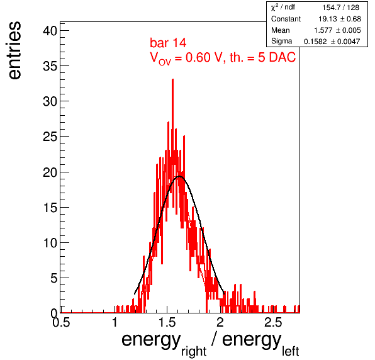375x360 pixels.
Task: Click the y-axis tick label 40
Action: (50, 31)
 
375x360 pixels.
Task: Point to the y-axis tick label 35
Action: (50, 66)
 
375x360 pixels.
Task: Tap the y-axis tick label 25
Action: (50, 137)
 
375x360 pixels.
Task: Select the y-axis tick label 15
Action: (50, 208)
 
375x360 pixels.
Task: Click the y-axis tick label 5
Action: (54, 278)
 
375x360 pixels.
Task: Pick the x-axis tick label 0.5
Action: (61, 322)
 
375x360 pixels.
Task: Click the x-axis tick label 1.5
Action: (167, 322)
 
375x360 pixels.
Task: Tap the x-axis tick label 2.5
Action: (273, 322)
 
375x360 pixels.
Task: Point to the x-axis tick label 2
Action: (220, 322)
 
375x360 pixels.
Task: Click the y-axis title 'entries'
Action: (14, 50)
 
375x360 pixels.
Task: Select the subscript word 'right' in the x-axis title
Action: (194, 352)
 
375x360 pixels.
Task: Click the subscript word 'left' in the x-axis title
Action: (290, 351)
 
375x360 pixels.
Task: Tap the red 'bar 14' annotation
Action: (168, 43)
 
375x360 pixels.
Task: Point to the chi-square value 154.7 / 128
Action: (340, 8)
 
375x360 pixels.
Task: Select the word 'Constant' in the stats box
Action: (286, 19)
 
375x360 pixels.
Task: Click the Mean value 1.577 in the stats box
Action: (323, 30)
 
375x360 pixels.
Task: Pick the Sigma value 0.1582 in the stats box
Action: (315, 42)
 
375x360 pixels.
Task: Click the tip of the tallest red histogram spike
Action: (172, 79)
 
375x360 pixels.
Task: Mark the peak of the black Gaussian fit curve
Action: (179, 176)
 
